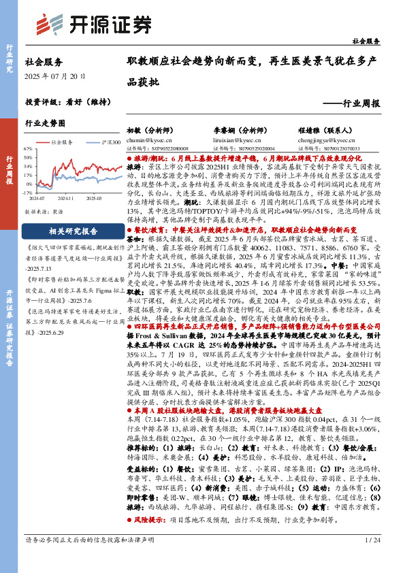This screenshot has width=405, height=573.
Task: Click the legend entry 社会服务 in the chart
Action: coord(60,143)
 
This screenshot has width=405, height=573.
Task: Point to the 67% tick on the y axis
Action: coord(29,148)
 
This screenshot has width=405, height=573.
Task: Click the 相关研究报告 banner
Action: coord(73,230)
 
